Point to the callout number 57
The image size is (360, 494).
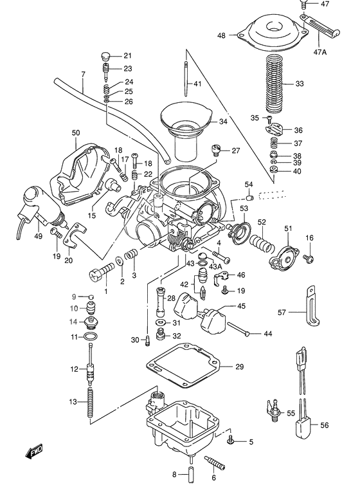coord(282,313)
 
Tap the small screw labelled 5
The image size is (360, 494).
coord(230,441)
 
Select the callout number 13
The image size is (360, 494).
coord(74,402)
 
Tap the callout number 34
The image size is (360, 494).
coord(222,121)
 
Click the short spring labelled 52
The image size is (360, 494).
coord(259,242)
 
